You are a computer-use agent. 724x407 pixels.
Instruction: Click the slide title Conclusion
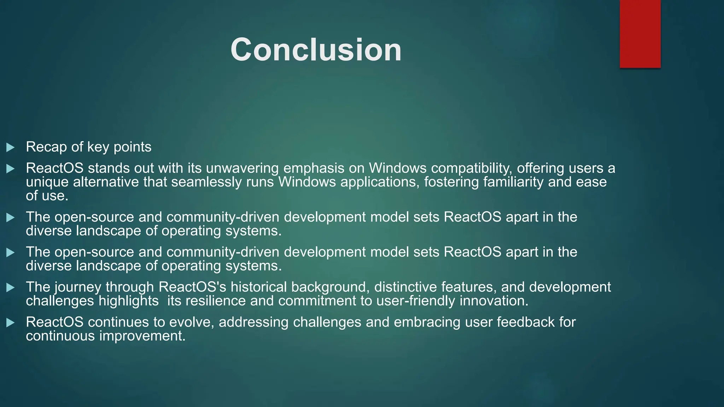[x=316, y=50]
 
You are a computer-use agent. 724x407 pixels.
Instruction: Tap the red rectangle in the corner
[x=640, y=34]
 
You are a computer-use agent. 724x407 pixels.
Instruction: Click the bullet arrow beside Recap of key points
[x=11, y=147]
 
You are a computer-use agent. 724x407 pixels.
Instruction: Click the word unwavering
[x=242, y=168]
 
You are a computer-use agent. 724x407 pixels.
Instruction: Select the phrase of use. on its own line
[x=47, y=196]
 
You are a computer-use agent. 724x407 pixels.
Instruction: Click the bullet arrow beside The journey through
[x=11, y=288]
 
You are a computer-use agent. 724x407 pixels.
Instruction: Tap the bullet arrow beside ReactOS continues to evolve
[x=11, y=323]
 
